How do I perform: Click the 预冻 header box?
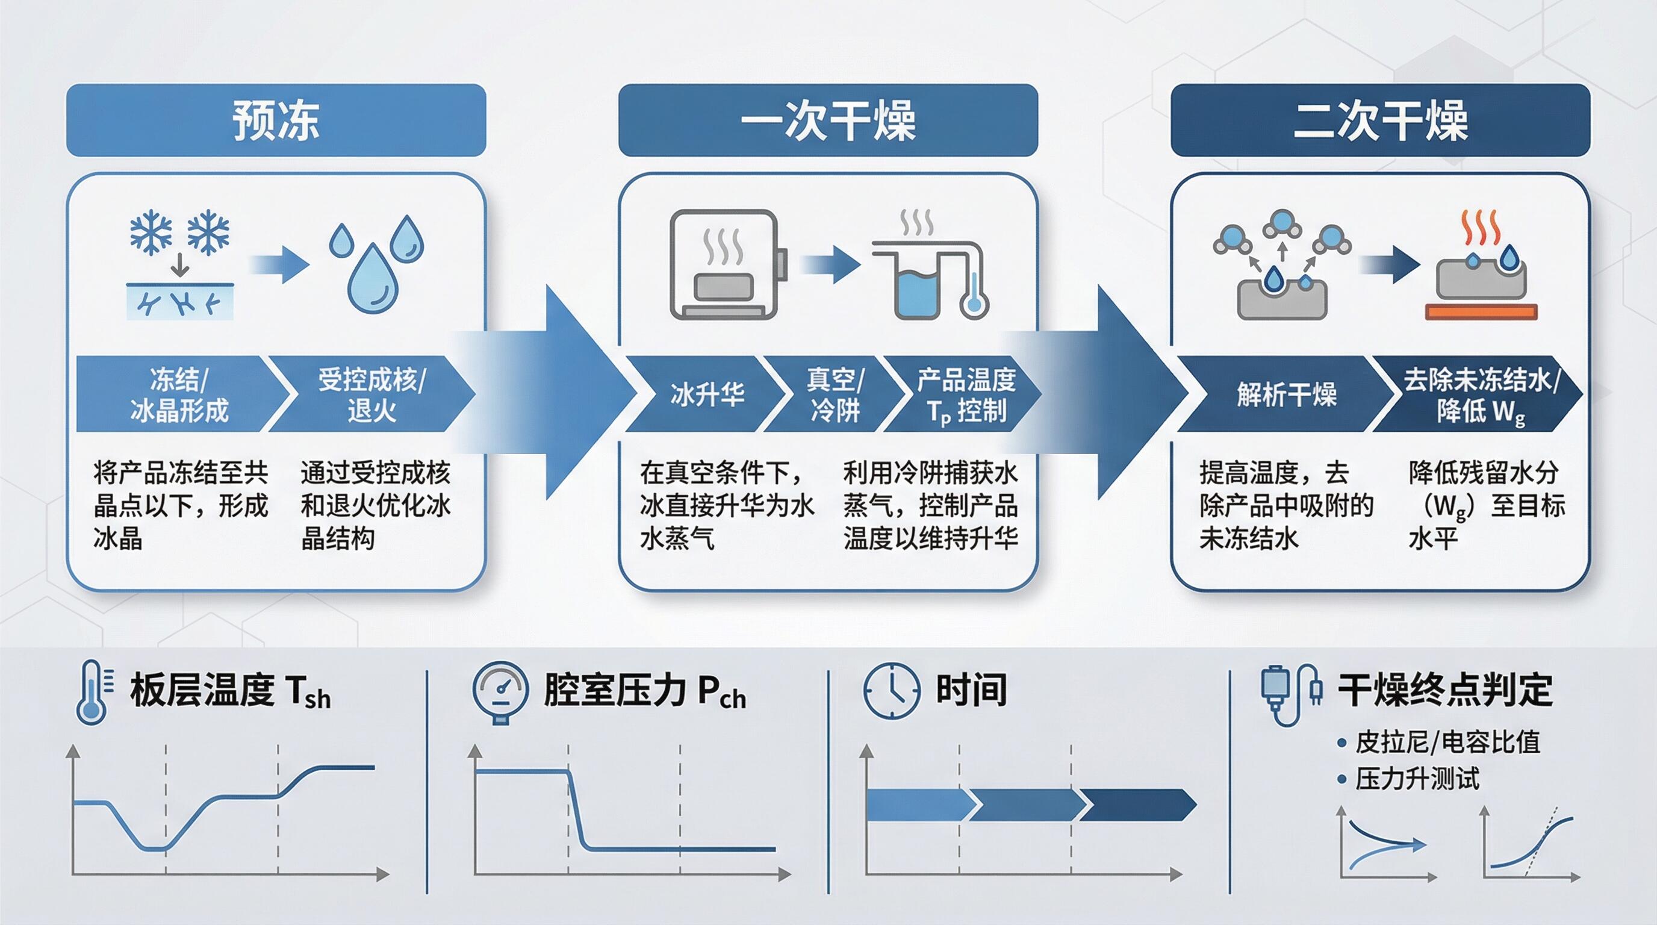pos(276,120)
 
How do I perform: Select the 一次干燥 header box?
pos(828,120)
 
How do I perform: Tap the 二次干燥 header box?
pos(1380,120)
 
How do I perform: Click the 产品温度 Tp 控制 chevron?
pos(965,394)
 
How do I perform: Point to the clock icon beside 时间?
pos(891,690)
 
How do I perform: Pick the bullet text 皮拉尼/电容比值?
pos(1447,743)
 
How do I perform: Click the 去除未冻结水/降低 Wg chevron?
pos(1479,394)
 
